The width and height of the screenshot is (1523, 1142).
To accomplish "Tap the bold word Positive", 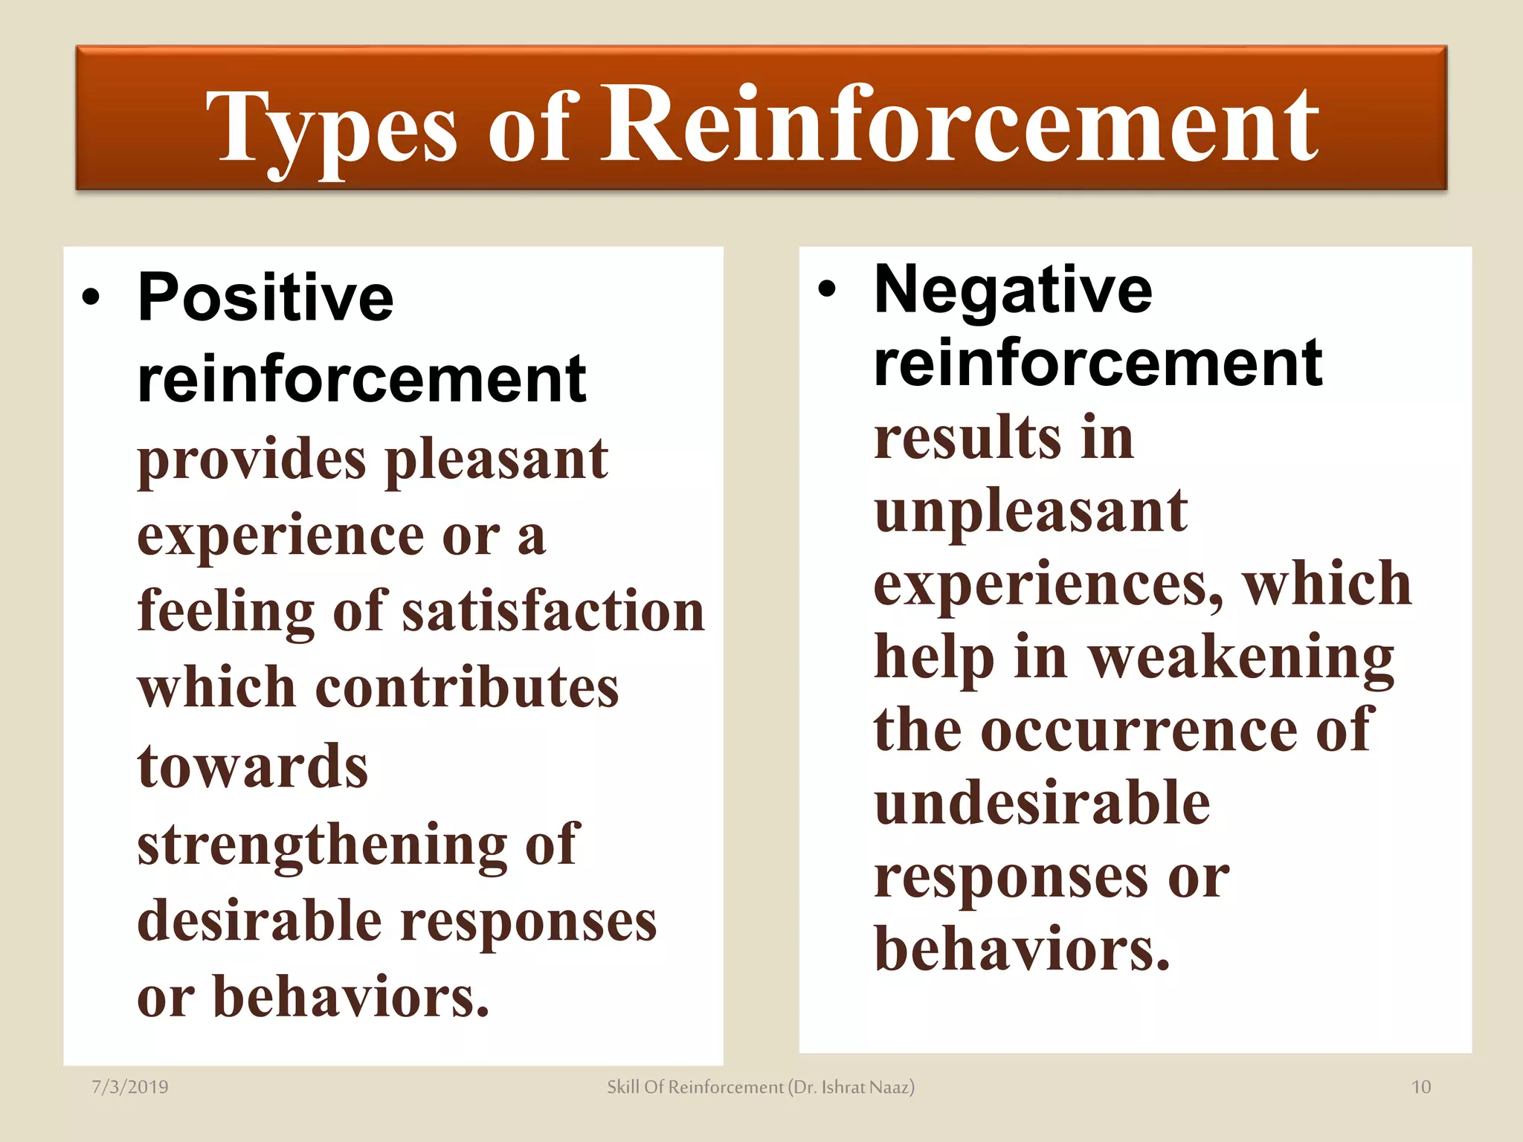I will pyautogui.click(x=265, y=297).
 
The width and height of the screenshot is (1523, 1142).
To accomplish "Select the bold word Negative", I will pyautogui.click(x=1013, y=290).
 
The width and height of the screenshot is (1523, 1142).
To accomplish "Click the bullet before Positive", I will pyautogui.click(x=91, y=298).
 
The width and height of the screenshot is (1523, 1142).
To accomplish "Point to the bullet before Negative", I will pyautogui.click(x=827, y=290).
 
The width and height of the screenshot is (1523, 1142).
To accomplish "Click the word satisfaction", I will pyautogui.click(x=553, y=610).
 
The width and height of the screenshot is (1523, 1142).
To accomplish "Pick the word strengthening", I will pyautogui.click(x=322, y=845).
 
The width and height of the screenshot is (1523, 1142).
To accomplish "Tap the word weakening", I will pyautogui.click(x=1241, y=658).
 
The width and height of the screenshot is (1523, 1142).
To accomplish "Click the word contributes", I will pyautogui.click(x=467, y=688).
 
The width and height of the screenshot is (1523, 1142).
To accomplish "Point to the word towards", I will pyautogui.click(x=253, y=767).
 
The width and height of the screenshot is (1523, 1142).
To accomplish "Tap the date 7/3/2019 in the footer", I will pyautogui.click(x=130, y=1087).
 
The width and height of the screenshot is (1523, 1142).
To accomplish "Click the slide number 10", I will pyautogui.click(x=1421, y=1087).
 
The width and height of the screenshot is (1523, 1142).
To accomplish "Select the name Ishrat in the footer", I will pyautogui.click(x=843, y=1087).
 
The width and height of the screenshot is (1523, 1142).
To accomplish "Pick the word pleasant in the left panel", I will pyautogui.click(x=497, y=459).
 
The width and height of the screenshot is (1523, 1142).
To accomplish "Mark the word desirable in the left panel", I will pyautogui.click(x=260, y=921).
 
